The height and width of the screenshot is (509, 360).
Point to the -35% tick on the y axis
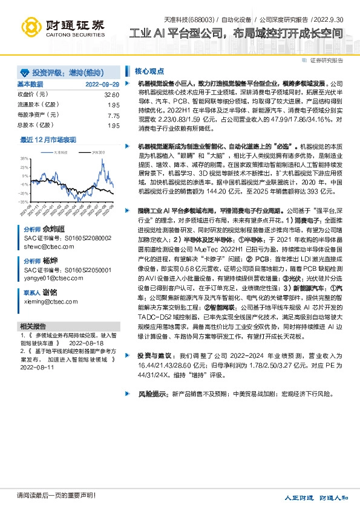24,202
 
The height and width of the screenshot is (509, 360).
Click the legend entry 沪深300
97,153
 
